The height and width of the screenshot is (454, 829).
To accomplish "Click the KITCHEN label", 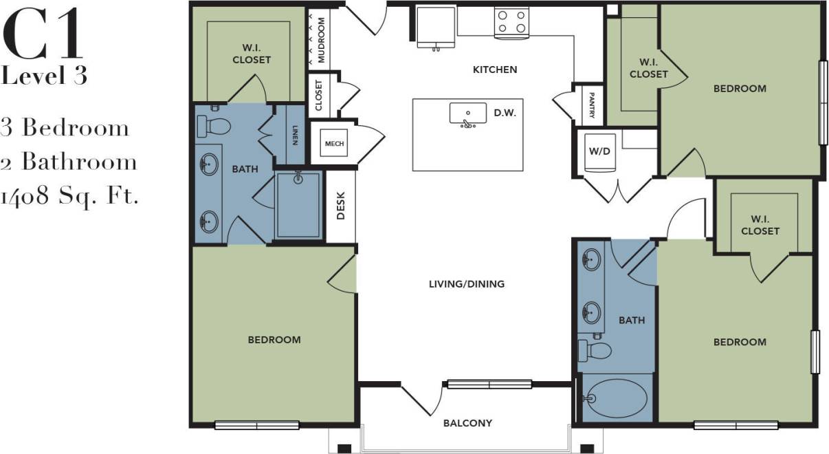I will pos(494,69).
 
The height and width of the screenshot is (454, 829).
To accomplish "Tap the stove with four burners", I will pos(511,21).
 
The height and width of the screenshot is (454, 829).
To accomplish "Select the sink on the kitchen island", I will pos(467,114).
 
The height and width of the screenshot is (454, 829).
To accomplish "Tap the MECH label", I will pos(334,144).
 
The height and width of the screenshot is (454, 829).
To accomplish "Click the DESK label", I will pos(340,206).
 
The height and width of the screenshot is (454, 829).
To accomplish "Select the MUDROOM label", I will pos(320,40).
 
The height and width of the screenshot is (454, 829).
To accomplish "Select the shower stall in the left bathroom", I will pos(298,204).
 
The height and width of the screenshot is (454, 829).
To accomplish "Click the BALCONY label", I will pos(467,423).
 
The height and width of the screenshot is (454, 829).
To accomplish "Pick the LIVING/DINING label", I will pos(467,283).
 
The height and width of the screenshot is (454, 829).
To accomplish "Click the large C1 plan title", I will pos(43,34).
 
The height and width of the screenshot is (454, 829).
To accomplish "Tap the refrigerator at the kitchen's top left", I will pos(436,26).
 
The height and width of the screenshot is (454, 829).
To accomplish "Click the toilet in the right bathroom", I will pos(595,351).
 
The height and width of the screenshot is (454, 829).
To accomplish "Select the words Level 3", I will pos(44,76).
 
